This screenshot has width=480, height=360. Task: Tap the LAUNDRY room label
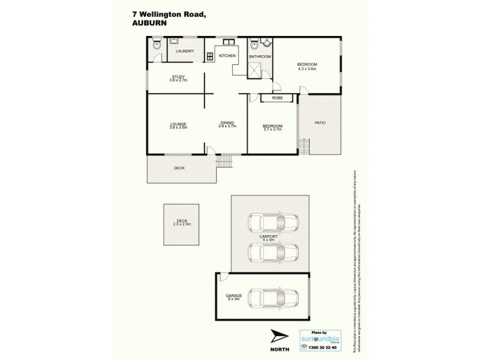[185, 51]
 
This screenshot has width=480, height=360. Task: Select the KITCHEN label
[227, 55]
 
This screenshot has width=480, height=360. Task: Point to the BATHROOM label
[260, 56]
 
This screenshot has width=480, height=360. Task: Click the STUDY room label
[178, 76]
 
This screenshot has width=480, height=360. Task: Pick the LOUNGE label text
[178, 124]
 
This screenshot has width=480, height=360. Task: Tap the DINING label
[227, 124]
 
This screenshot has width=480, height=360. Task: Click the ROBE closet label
[277, 97]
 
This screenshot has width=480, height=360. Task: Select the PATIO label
[320, 122]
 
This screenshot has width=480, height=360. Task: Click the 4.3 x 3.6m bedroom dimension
[307, 68]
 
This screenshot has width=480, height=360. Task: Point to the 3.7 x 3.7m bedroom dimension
[272, 129]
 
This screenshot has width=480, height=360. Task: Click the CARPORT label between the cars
[268, 236]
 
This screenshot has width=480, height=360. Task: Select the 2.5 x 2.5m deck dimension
[181, 224]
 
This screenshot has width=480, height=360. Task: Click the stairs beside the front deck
[224, 161]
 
